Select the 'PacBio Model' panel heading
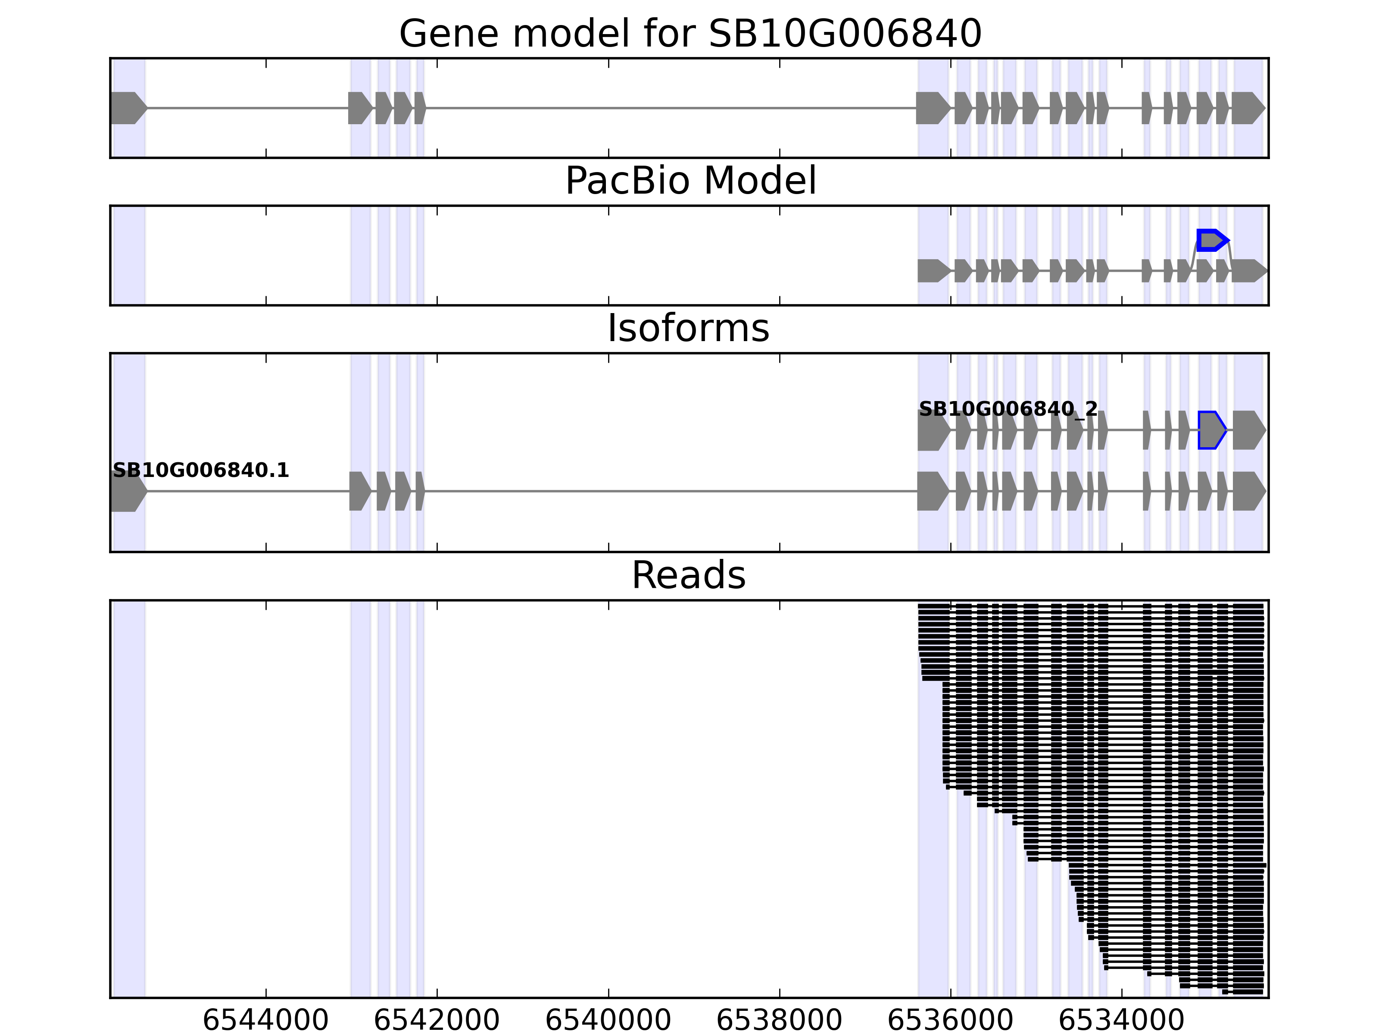690,181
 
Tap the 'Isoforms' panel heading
688,328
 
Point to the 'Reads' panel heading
688,575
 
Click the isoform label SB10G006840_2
1008,409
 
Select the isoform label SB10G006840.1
201,470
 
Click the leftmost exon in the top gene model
127,108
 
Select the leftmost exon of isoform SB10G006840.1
127,491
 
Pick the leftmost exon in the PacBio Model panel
933,271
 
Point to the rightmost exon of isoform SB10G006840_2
1248,430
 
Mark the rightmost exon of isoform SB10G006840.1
1248,491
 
